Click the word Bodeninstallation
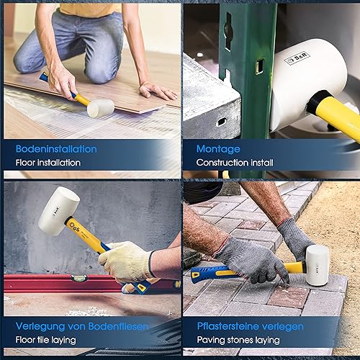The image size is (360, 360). click(56, 149)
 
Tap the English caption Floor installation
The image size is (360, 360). click(48, 163)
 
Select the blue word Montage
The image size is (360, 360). click(218, 150)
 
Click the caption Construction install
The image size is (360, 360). click(235, 163)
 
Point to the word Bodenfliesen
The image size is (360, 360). click(119, 326)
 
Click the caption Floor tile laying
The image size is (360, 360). click(46, 340)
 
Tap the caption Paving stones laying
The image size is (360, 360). click(238, 340)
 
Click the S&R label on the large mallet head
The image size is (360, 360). click(297, 58)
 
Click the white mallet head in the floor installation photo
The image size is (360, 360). click(101, 108)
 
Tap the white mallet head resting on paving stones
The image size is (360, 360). click(317, 265)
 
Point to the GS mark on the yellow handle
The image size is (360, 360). click(74, 226)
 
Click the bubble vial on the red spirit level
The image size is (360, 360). click(78, 278)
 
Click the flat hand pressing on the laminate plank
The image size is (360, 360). click(157, 90)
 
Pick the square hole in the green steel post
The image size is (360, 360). click(259, 66)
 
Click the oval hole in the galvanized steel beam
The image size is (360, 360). click(221, 122)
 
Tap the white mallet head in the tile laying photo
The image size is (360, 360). click(59, 211)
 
